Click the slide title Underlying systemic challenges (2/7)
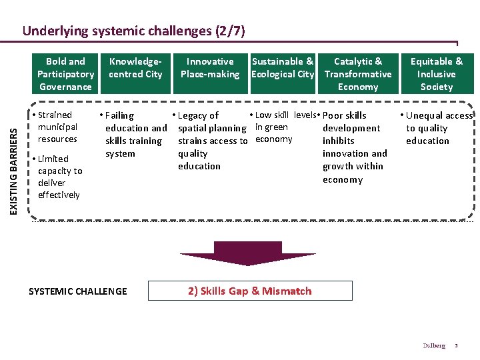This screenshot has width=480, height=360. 134,31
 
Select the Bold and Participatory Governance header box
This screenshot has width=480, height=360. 65,74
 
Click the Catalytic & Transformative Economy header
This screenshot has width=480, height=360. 358,74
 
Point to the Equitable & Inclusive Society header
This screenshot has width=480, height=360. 437,74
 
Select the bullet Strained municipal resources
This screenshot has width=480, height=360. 57,127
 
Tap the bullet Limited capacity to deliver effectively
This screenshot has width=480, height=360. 59,177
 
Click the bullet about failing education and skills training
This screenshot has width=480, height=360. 135,135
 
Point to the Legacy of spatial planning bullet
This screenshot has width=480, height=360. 212,141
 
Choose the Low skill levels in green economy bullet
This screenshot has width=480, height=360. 282,127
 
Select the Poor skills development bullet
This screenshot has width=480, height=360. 354,147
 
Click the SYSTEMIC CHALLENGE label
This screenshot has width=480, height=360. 77,291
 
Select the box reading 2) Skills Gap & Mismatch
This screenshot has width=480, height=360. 250,291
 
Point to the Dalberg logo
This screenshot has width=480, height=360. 434,345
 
